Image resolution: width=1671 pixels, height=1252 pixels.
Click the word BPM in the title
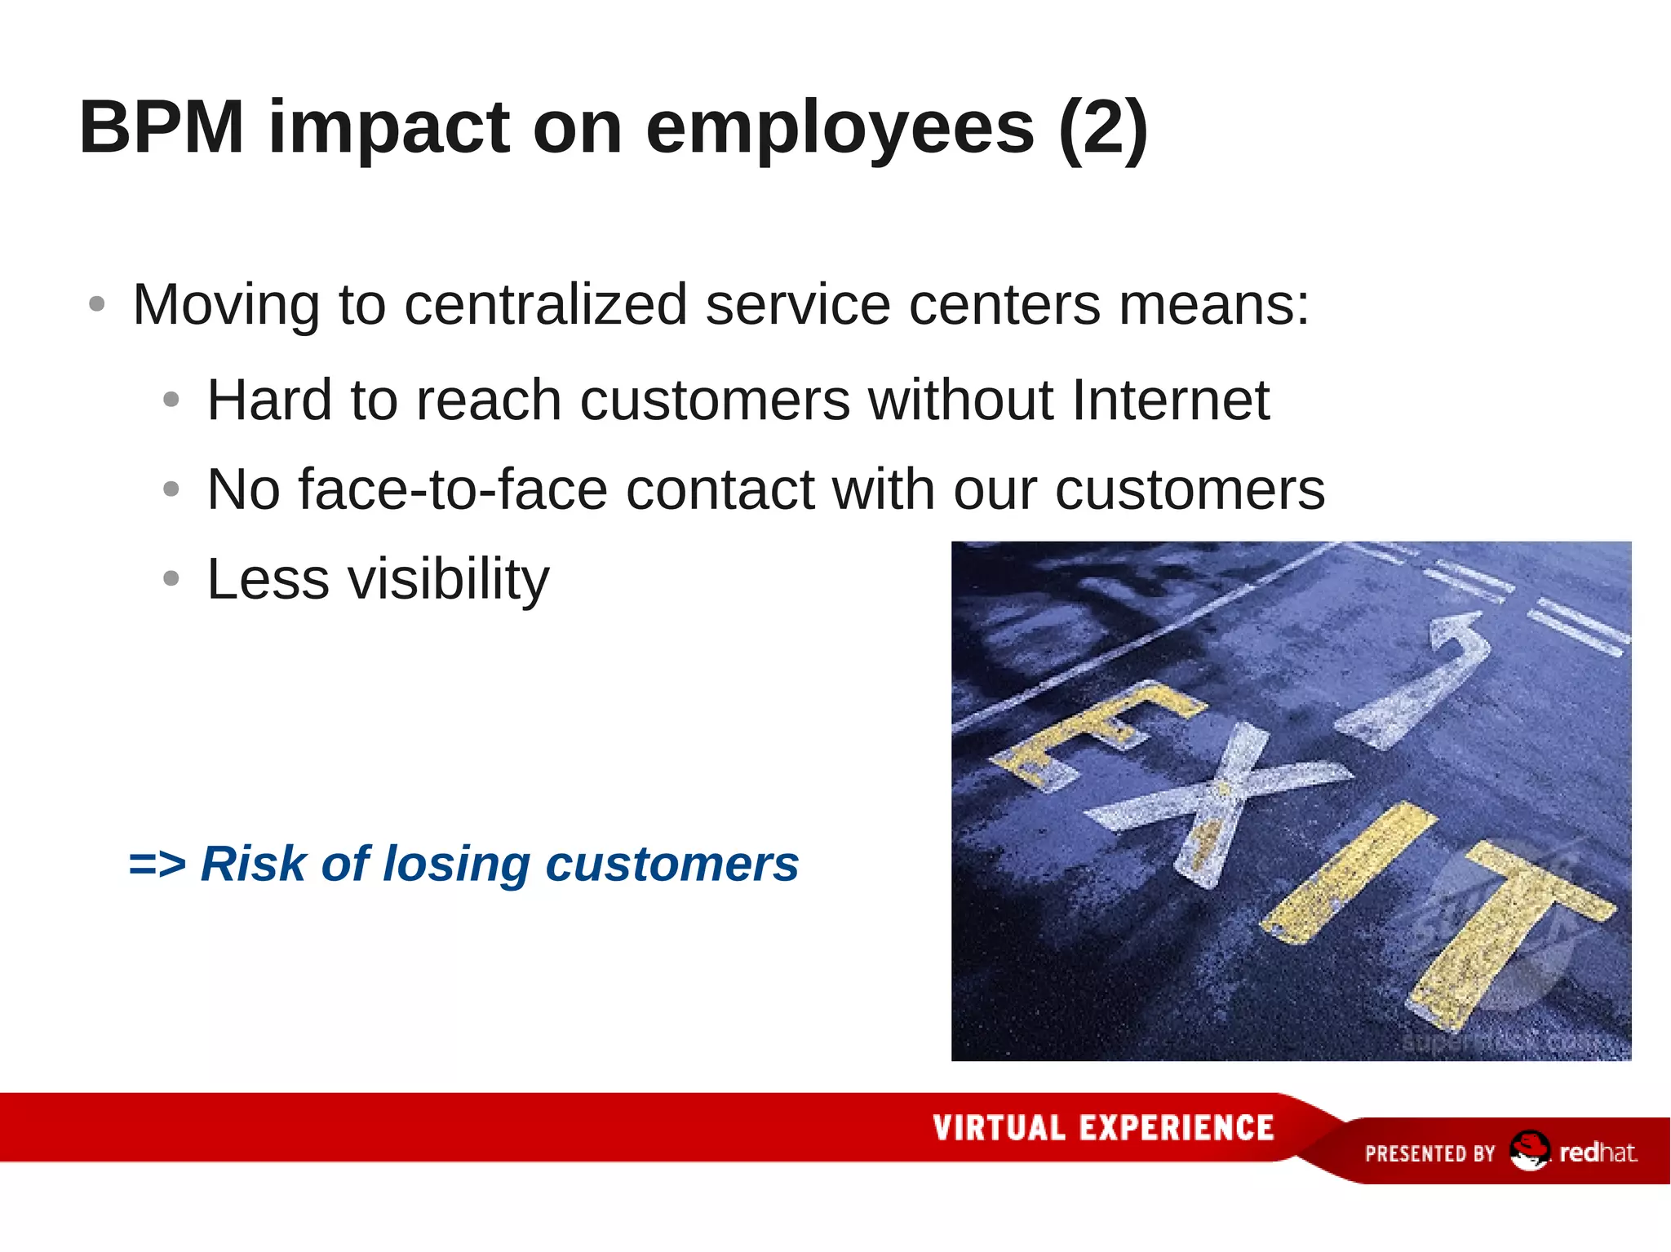point(162,127)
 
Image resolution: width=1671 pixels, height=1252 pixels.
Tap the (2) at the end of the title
point(1102,129)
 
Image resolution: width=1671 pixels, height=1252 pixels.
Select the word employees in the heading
point(840,129)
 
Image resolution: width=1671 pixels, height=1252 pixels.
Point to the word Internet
point(1170,400)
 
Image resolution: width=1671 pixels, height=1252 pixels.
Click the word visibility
point(448,579)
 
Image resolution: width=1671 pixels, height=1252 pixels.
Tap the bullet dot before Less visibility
point(171,579)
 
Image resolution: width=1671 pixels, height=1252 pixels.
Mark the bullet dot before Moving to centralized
point(97,304)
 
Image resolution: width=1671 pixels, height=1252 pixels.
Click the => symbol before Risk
point(157,864)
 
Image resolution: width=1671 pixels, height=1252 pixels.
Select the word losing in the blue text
point(456,864)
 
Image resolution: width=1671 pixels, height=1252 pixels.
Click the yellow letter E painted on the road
point(1093,734)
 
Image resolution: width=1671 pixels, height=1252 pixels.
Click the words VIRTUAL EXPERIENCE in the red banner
point(1103,1128)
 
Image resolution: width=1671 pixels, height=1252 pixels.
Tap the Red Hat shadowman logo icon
point(1528,1151)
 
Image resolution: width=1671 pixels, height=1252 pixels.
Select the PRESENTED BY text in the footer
point(1429,1153)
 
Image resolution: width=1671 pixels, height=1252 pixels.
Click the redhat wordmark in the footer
point(1598,1152)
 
